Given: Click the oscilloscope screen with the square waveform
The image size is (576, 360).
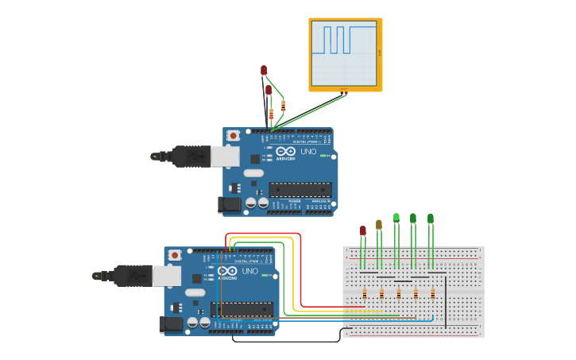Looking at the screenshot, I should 344,52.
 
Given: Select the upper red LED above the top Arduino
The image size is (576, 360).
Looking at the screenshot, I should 264,70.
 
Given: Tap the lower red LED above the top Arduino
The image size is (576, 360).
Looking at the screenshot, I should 269,90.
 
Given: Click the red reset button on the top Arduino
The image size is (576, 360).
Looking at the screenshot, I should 233,136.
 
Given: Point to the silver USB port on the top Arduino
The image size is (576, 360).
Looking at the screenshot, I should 224,156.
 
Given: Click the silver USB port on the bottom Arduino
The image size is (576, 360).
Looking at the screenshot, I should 166,275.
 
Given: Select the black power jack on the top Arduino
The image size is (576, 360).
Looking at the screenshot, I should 230,204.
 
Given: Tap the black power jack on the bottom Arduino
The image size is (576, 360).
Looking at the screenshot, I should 171,323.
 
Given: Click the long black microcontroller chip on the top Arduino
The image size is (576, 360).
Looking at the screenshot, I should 300,189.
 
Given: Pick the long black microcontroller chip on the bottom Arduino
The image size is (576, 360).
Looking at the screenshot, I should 242,308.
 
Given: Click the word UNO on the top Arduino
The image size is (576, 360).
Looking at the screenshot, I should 307,151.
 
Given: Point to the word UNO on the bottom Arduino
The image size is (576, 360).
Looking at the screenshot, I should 249,271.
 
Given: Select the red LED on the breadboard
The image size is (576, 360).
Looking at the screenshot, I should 363,230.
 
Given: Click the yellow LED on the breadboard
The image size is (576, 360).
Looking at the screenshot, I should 379,224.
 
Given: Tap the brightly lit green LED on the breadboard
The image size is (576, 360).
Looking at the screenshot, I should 396,216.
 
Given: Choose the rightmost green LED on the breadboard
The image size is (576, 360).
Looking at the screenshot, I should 431,218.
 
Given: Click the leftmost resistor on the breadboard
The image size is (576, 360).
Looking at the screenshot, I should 365,293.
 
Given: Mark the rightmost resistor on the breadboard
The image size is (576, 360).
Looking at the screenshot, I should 433,293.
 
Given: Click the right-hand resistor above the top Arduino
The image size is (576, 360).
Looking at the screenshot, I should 284,106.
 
